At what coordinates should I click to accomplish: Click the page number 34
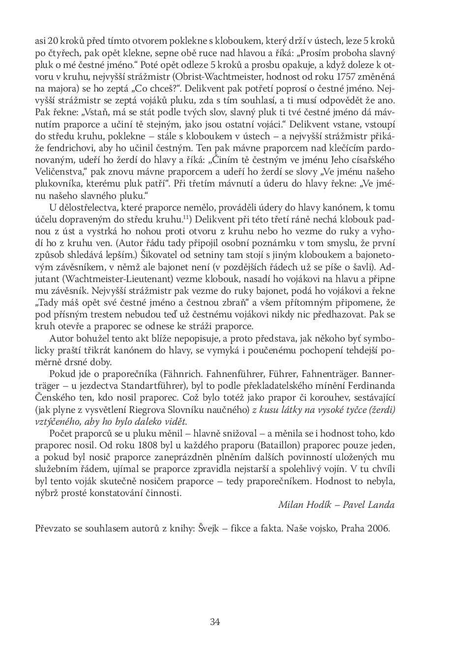215,622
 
